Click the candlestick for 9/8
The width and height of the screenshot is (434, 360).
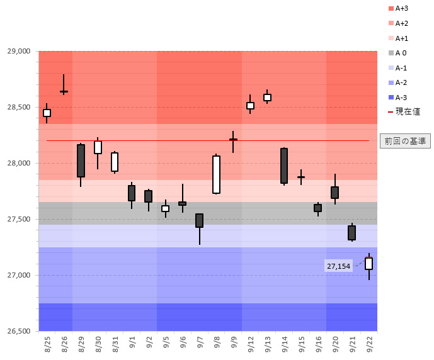coord(216,174)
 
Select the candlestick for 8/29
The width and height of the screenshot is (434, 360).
coord(81,160)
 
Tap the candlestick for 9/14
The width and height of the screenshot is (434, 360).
coord(284,166)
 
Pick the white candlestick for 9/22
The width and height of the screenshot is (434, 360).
coord(368,263)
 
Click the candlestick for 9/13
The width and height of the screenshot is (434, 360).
coord(267,97)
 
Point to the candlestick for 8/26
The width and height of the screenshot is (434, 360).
coord(64,91)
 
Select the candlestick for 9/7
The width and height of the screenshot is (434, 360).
coord(200,220)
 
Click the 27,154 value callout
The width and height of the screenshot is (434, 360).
coord(339,266)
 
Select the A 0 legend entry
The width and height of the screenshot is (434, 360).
coord(401,53)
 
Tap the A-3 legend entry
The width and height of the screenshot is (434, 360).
coord(401,97)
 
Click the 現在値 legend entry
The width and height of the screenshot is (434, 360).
coord(403,111)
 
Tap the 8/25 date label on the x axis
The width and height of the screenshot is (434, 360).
coord(48,344)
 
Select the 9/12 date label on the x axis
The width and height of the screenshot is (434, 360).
coord(251,344)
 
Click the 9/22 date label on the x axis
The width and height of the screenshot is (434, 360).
coord(369,344)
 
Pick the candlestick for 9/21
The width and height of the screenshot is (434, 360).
coord(351,232)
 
